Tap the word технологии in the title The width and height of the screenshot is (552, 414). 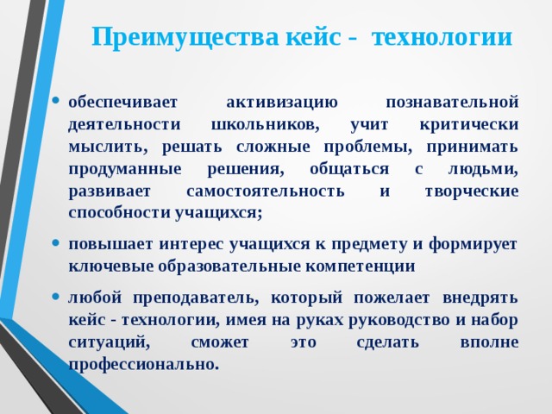coord(442,38)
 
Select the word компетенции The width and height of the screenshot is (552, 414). coord(361,267)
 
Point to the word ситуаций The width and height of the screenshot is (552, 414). coord(109,342)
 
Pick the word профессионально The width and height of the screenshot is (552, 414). coord(143,365)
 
